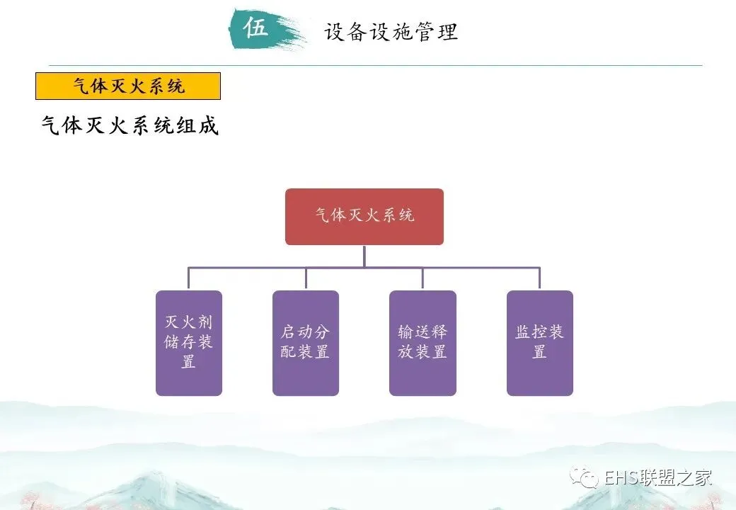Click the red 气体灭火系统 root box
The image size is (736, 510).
tap(364, 216)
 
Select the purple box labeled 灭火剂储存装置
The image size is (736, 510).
tap(188, 343)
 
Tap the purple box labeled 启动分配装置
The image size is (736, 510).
tap(305, 343)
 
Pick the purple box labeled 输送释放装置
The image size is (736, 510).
tap(422, 343)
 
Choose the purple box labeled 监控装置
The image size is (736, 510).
tap(539, 343)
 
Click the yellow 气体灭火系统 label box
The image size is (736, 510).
tap(128, 86)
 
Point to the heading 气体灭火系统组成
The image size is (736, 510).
tap(130, 125)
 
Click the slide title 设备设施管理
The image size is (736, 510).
tap(391, 32)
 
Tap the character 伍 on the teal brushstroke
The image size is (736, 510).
tap(256, 28)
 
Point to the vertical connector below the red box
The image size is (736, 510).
tap(364, 256)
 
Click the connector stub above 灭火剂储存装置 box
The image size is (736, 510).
tap(188, 278)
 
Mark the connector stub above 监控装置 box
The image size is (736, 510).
tap(539, 278)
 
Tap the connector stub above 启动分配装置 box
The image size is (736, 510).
tap(306, 278)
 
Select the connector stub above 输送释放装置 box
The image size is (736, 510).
tap(422, 278)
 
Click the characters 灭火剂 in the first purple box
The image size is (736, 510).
tap(188, 322)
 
